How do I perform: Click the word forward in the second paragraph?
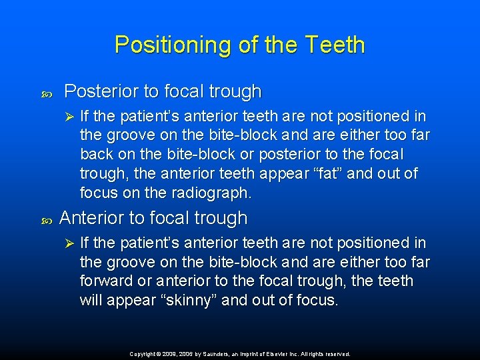tap(106, 281)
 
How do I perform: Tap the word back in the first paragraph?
tap(96, 155)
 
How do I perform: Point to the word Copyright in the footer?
tap(145, 354)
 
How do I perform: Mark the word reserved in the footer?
tap(337, 354)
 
